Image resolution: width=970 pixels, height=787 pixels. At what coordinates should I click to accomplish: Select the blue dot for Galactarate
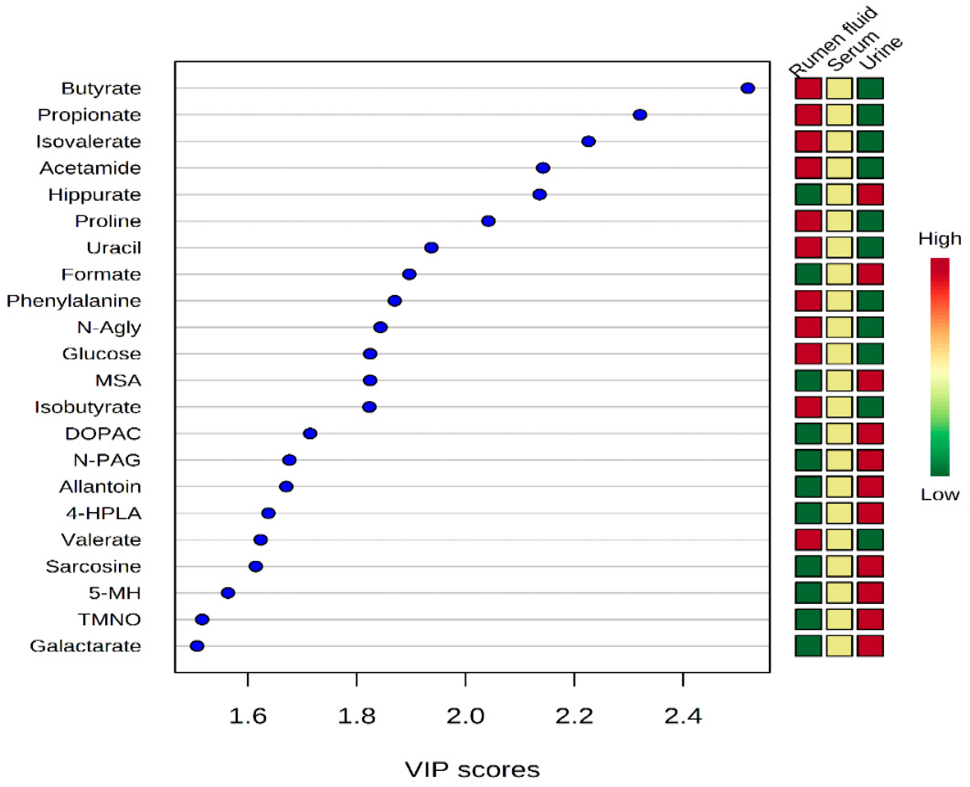197,646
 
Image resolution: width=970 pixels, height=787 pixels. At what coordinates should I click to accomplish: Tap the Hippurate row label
94,195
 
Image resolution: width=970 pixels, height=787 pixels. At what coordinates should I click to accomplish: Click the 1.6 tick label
248,716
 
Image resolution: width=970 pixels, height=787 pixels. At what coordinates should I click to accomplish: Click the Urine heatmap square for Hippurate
870,195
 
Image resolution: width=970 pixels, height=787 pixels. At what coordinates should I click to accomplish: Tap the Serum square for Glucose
839,354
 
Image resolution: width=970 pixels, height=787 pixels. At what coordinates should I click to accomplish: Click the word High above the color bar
939,238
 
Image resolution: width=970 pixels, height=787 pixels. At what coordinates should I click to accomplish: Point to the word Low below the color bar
939,494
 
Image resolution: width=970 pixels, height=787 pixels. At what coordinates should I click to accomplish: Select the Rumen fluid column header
832,42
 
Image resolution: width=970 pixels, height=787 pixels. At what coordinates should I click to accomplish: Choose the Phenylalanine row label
73,300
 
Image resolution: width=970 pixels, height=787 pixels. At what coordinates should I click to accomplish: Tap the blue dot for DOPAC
310,433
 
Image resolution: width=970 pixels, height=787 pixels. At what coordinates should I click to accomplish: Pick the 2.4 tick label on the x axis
683,716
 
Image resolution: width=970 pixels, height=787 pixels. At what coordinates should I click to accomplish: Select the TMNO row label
109,619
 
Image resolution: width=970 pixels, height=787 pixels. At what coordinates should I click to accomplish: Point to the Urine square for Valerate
870,540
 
